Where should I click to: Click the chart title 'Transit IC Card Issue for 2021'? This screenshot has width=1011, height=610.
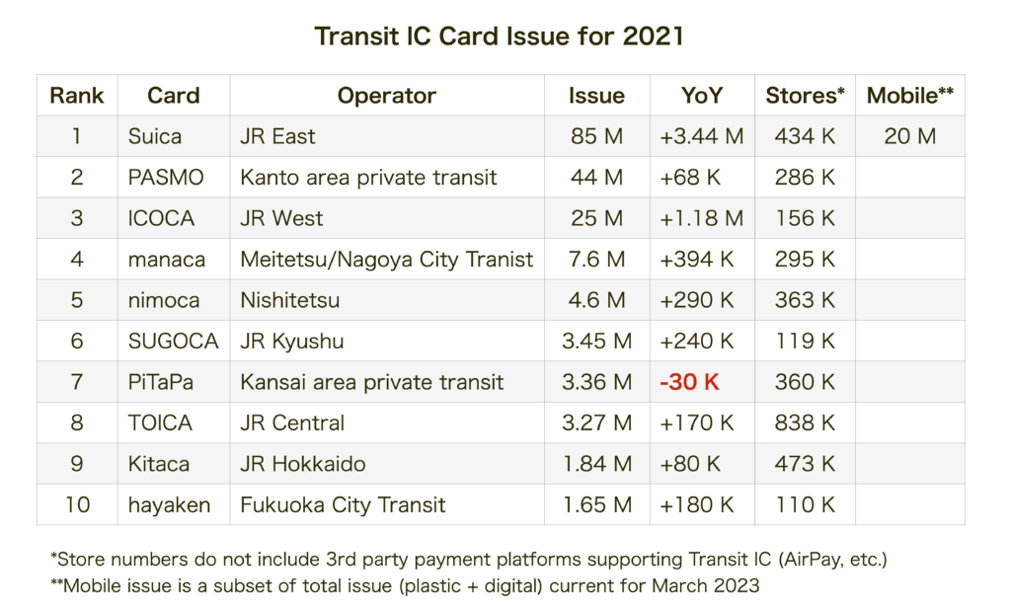pos(499,37)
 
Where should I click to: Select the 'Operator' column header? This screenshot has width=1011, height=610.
pos(386,96)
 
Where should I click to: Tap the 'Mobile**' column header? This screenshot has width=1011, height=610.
pos(909,96)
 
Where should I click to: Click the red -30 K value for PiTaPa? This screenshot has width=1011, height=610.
pos(690,382)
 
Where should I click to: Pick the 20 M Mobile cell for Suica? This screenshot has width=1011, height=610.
pos(909,136)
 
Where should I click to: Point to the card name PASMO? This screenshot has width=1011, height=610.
pos(166,178)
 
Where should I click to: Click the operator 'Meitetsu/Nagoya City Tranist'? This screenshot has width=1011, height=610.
pos(386,260)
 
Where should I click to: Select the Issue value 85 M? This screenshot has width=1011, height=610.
pos(596,136)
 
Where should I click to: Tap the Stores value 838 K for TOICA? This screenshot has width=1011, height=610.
pos(805,423)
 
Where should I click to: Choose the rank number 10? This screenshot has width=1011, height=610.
pos(77,505)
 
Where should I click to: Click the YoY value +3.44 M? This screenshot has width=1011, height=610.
pos(701,136)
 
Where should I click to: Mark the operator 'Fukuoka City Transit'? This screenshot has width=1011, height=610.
pos(343,505)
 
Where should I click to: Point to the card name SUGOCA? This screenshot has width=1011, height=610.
pos(173,342)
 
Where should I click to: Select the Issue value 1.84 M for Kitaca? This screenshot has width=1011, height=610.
pos(596,464)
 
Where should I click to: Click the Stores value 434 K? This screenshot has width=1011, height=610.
pos(805,136)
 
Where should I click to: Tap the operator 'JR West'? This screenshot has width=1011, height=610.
pos(281,218)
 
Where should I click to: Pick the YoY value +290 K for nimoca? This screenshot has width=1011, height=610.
pos(697,300)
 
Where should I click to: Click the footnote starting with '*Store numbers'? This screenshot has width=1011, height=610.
pos(468,560)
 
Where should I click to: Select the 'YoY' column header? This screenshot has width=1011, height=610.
pos(702,96)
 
